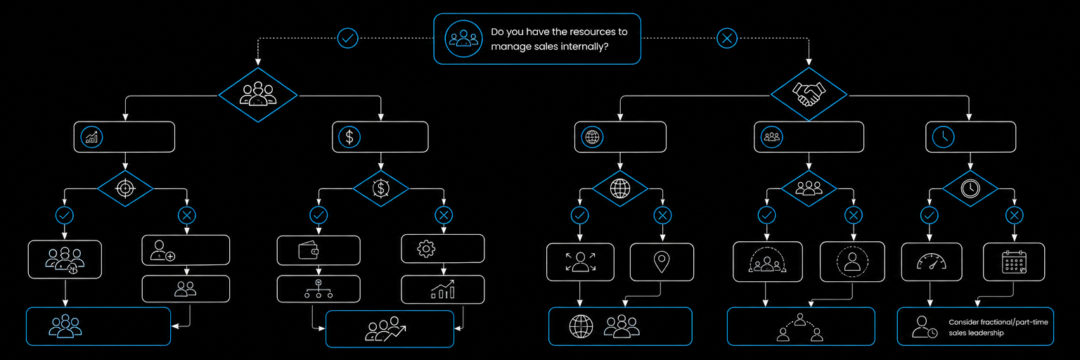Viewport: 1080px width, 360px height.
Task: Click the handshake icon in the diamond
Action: tap(809, 94)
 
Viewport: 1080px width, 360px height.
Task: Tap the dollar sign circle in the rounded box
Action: tap(349, 137)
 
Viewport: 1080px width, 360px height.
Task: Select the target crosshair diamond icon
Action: tap(125, 188)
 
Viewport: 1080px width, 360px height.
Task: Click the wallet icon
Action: tap(309, 250)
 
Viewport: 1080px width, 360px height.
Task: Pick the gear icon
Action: tap(426, 249)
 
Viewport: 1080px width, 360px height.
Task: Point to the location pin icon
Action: tap(662, 262)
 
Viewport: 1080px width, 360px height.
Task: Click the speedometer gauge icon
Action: tap(932, 262)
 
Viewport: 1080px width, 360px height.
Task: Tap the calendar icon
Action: tap(1014, 262)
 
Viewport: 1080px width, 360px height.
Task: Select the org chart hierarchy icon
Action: tap(319, 289)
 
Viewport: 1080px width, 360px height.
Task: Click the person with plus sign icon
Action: tap(162, 250)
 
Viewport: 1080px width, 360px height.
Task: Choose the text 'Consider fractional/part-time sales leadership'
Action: tap(998, 327)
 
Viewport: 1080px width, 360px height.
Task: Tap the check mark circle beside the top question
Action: tap(347, 38)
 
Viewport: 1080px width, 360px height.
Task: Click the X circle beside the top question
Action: tap(727, 38)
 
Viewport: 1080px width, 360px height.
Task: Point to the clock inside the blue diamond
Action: tap(970, 188)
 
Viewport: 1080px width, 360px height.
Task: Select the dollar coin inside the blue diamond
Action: tap(381, 188)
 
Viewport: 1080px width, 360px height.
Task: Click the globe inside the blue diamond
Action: tap(620, 188)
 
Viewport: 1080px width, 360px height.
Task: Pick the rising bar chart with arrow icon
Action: tap(442, 290)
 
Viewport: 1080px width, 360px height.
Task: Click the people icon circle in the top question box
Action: tap(463, 39)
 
